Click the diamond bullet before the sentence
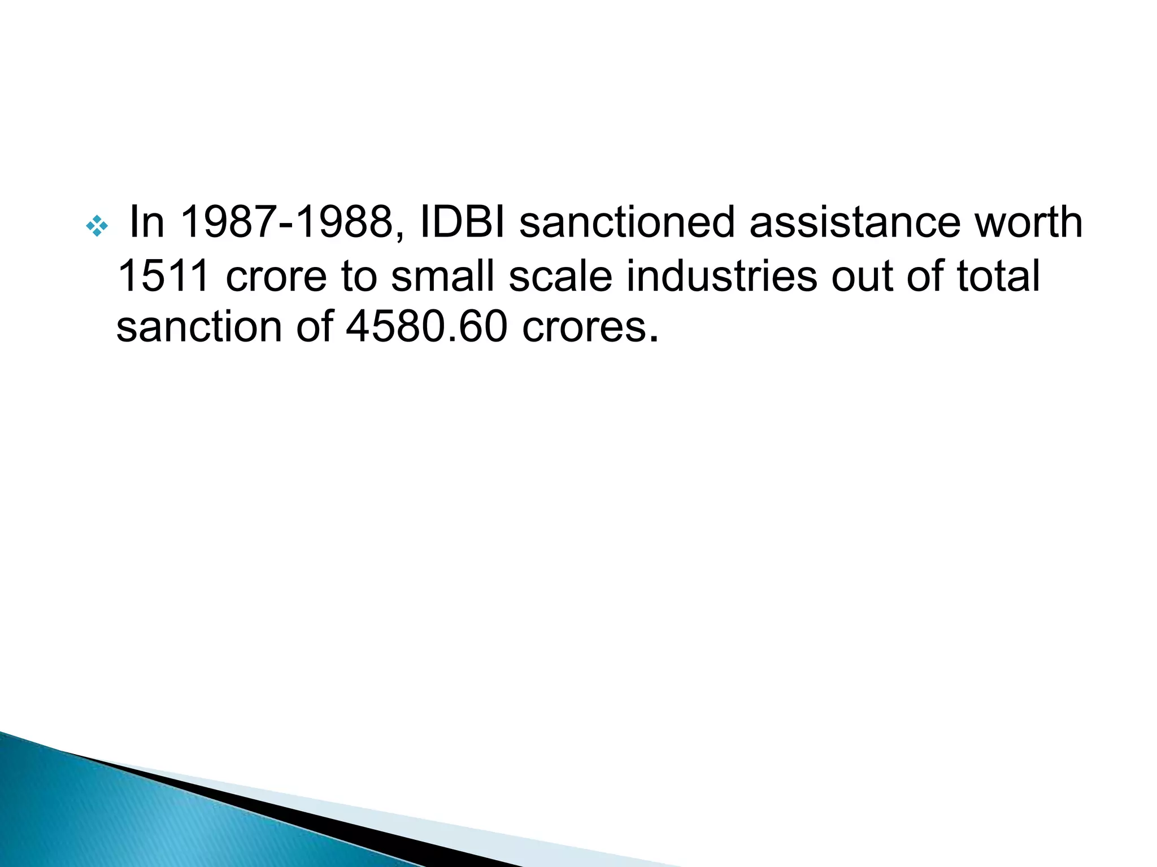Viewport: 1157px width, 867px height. click(x=97, y=226)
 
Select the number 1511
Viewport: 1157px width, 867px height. click(x=164, y=276)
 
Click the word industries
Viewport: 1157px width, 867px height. click(x=721, y=276)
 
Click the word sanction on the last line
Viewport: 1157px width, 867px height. click(x=198, y=327)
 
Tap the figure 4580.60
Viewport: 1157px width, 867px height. click(x=427, y=327)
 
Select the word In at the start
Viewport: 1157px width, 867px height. click(x=147, y=222)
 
